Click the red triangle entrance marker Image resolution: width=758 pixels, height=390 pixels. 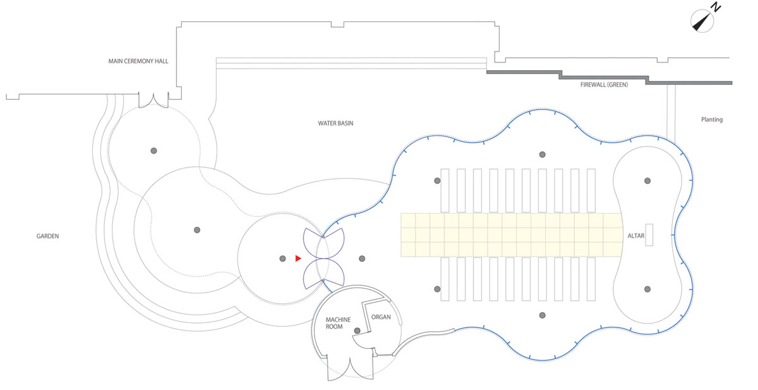click(x=298, y=259)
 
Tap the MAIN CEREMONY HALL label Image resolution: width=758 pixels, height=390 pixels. click(x=138, y=61)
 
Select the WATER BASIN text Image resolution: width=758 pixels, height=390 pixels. click(x=335, y=123)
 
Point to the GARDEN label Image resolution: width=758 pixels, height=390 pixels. click(x=48, y=236)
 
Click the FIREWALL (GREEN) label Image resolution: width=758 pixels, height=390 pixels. click(x=604, y=85)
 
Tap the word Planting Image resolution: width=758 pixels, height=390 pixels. click(x=712, y=119)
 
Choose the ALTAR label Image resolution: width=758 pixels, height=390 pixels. click(x=636, y=236)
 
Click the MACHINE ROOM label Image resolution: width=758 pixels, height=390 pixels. click(x=338, y=323)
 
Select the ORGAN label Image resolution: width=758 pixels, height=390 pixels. click(x=381, y=317)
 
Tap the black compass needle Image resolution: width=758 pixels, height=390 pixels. click(x=701, y=22)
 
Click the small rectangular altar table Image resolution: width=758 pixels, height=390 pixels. click(x=649, y=235)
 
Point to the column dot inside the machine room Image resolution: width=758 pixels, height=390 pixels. click(x=357, y=331)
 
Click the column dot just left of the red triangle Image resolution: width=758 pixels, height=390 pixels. click(x=282, y=259)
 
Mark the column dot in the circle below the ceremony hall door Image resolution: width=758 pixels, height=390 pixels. click(x=153, y=150)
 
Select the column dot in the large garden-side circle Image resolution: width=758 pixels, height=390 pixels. click(x=197, y=230)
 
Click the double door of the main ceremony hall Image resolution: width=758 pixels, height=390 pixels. click(x=153, y=101)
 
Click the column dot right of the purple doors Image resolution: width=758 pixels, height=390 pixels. click(x=362, y=259)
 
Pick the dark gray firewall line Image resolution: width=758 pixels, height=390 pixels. click(x=609, y=78)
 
